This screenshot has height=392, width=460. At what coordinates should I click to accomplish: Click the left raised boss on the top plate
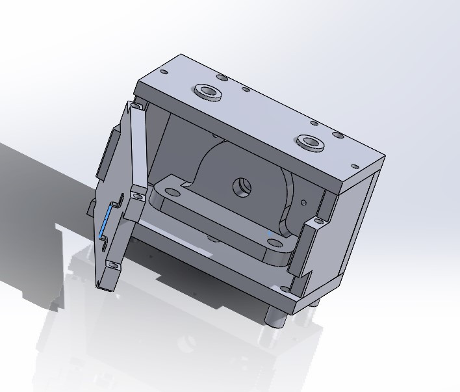[x=208, y=91]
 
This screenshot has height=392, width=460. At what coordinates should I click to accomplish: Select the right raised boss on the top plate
[x=310, y=141]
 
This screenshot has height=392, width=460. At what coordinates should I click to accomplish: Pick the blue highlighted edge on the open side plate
[x=104, y=223]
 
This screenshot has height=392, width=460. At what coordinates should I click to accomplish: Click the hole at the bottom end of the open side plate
[x=111, y=265]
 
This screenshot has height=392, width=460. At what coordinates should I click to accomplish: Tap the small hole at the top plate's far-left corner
[x=164, y=72]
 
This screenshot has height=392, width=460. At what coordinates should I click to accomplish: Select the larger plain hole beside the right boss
[x=337, y=135]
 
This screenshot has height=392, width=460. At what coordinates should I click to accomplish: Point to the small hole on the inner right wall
[x=304, y=202]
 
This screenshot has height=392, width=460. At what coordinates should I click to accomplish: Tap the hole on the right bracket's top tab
[x=317, y=222]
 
